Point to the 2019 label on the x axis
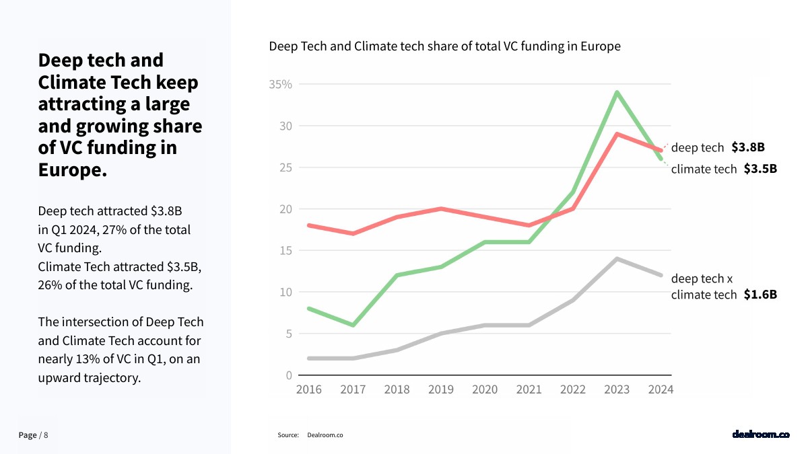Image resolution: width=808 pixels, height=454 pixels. point(441,389)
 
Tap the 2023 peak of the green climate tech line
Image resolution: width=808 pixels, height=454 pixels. point(617,92)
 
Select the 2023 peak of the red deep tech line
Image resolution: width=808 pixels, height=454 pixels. point(617,134)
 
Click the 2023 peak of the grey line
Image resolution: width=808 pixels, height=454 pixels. point(617,258)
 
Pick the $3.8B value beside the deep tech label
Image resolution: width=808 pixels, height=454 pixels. point(748,147)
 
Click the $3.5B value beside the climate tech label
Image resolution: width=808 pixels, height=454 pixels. point(760,169)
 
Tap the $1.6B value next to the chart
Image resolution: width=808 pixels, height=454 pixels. point(760,295)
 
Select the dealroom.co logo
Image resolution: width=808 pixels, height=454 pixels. point(760,434)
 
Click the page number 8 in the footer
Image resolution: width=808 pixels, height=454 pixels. point(46,435)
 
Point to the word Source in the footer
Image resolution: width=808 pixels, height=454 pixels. point(288,435)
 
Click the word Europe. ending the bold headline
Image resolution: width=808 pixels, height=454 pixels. point(73,169)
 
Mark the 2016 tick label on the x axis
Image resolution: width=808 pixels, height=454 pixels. point(309,389)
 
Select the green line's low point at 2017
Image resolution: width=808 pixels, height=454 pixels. point(352,325)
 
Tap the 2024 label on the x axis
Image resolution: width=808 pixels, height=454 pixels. point(660,389)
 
